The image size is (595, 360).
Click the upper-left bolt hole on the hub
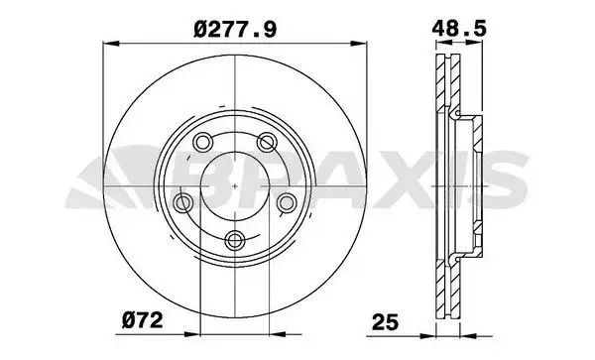(202, 142)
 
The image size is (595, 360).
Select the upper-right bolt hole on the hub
(267, 142)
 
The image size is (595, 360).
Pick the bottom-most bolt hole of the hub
(235, 239)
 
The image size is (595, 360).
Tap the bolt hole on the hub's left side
(182, 202)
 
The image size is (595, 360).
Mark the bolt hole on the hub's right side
(287, 202)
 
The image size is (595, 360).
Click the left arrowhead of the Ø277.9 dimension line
(107, 42)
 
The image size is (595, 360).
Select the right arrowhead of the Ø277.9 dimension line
(361, 42)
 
